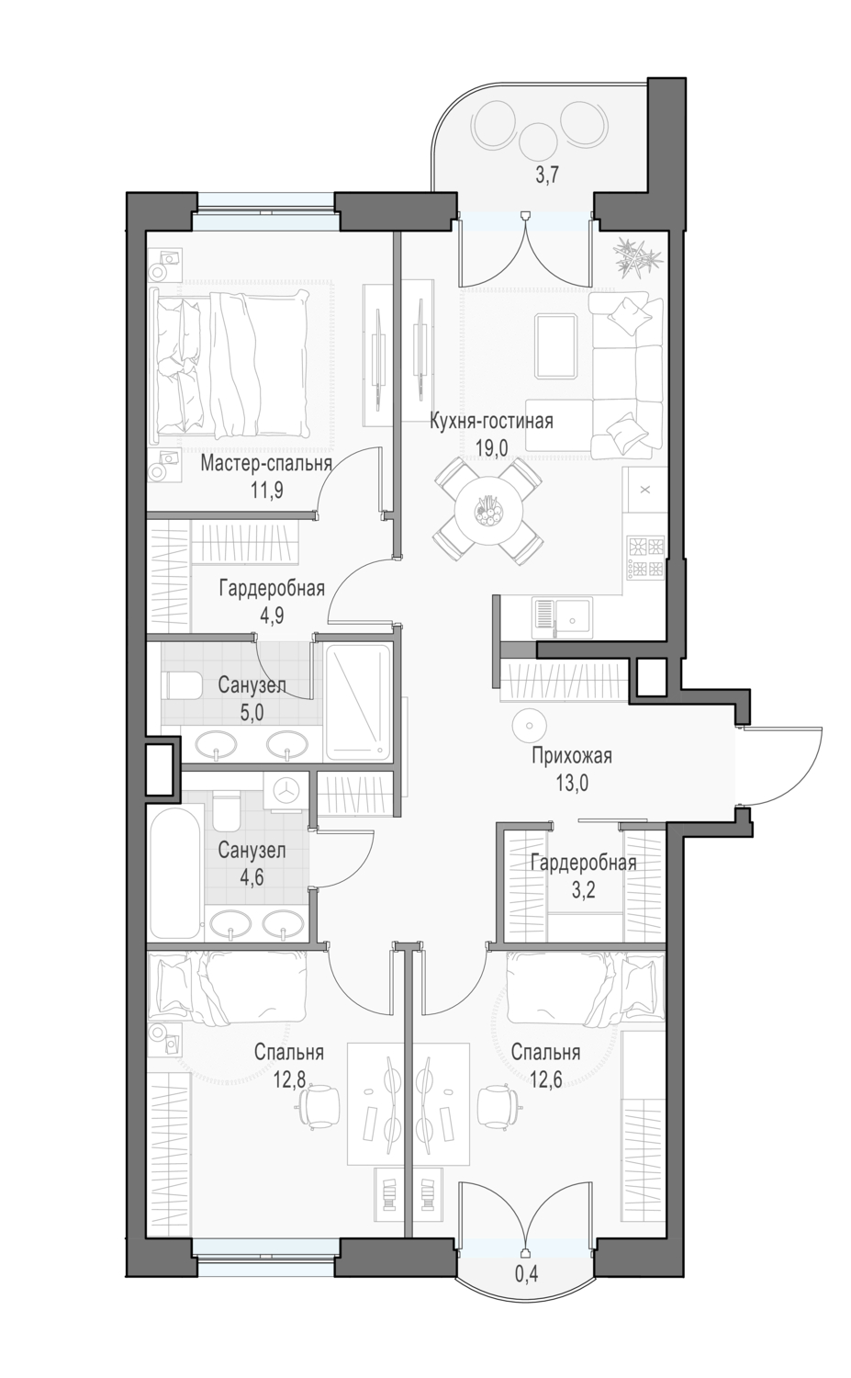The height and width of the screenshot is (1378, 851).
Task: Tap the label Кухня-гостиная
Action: pyautogui.click(x=490, y=422)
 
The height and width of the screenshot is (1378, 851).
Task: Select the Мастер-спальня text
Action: pyautogui.click(x=266, y=463)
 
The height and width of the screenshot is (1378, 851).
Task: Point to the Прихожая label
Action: pyautogui.click(x=571, y=755)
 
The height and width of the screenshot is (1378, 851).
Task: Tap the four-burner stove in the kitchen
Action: pyautogui.click(x=645, y=558)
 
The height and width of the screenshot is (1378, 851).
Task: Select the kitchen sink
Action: pyautogui.click(x=561, y=618)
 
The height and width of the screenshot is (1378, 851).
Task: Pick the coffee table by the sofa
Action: pyautogui.click(x=556, y=345)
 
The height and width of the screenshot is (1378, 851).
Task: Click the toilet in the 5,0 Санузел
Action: pyautogui.click(x=182, y=684)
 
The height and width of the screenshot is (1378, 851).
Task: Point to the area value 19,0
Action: pyautogui.click(x=492, y=448)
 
